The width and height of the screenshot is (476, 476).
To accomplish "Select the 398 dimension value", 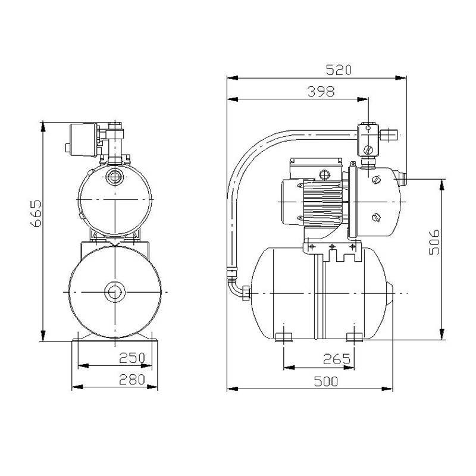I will (321, 92).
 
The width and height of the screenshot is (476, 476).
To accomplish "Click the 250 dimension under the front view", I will (133, 358).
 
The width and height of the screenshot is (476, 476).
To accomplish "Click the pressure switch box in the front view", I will (83, 139).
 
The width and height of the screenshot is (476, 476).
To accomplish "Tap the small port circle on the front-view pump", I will (114, 177).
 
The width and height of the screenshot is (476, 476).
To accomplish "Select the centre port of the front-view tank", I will (113, 293).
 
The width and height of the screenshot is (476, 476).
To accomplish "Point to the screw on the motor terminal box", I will (324, 175).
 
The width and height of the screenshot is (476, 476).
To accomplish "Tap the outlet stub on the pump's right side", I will (402, 176).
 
